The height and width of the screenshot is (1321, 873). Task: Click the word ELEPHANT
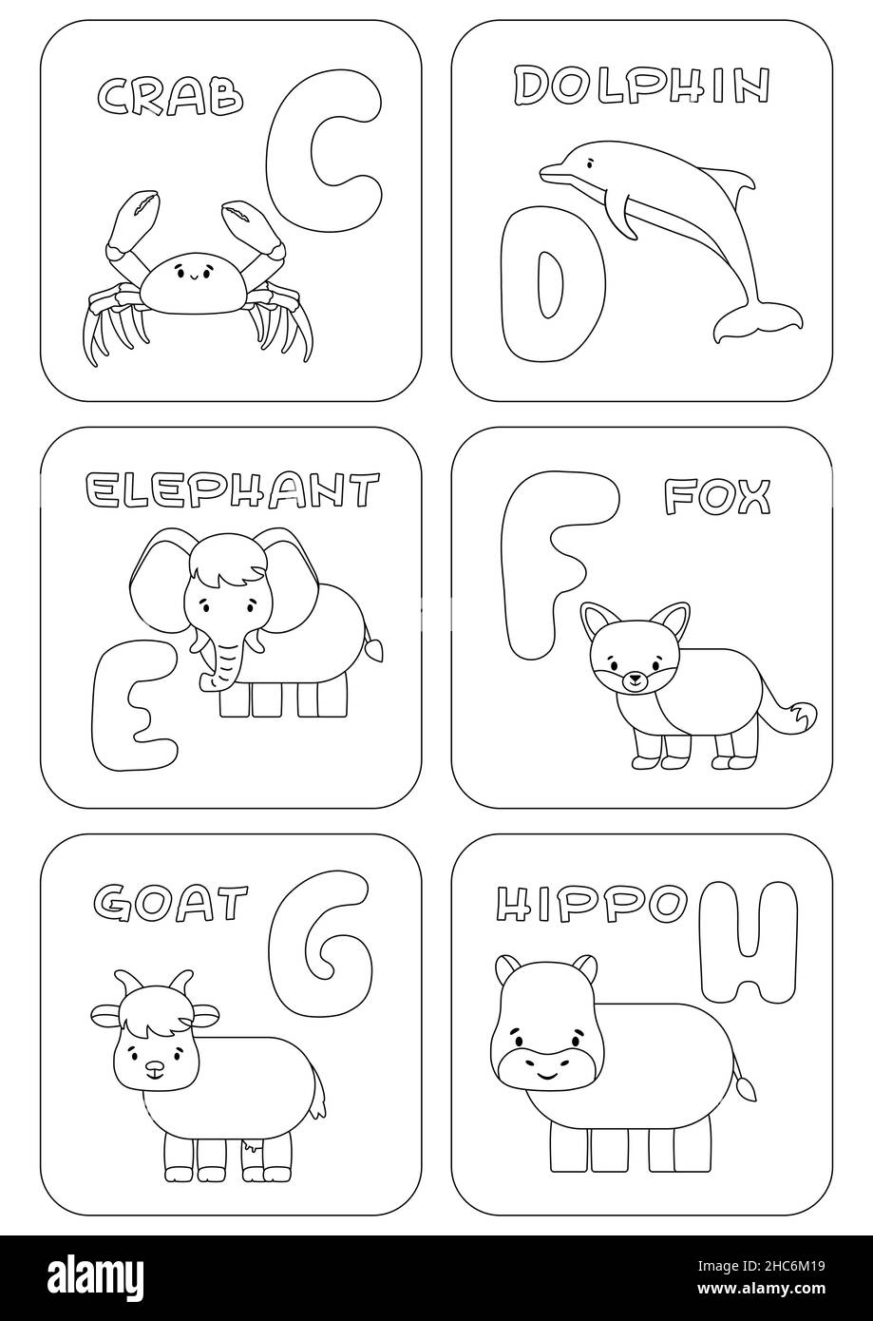tap(232, 491)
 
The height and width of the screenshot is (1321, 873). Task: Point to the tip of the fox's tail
tap(803, 712)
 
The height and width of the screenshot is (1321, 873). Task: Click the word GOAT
tap(171, 900)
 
